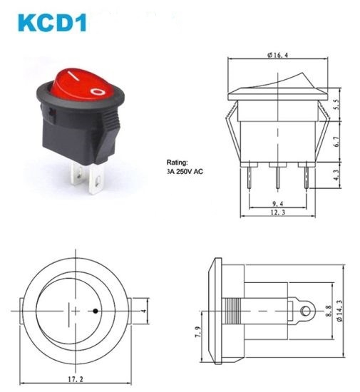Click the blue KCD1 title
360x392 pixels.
coord(52,23)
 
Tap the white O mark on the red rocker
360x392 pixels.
coord(98,92)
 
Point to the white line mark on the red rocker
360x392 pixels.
coord(74,76)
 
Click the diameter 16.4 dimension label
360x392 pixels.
coord(277,55)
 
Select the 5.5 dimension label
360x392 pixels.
coord(336,105)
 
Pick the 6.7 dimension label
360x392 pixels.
coord(336,142)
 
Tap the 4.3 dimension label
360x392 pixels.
coord(336,175)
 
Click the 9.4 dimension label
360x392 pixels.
coord(278,204)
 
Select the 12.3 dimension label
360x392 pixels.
coord(278,212)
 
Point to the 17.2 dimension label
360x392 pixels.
coord(76,379)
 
